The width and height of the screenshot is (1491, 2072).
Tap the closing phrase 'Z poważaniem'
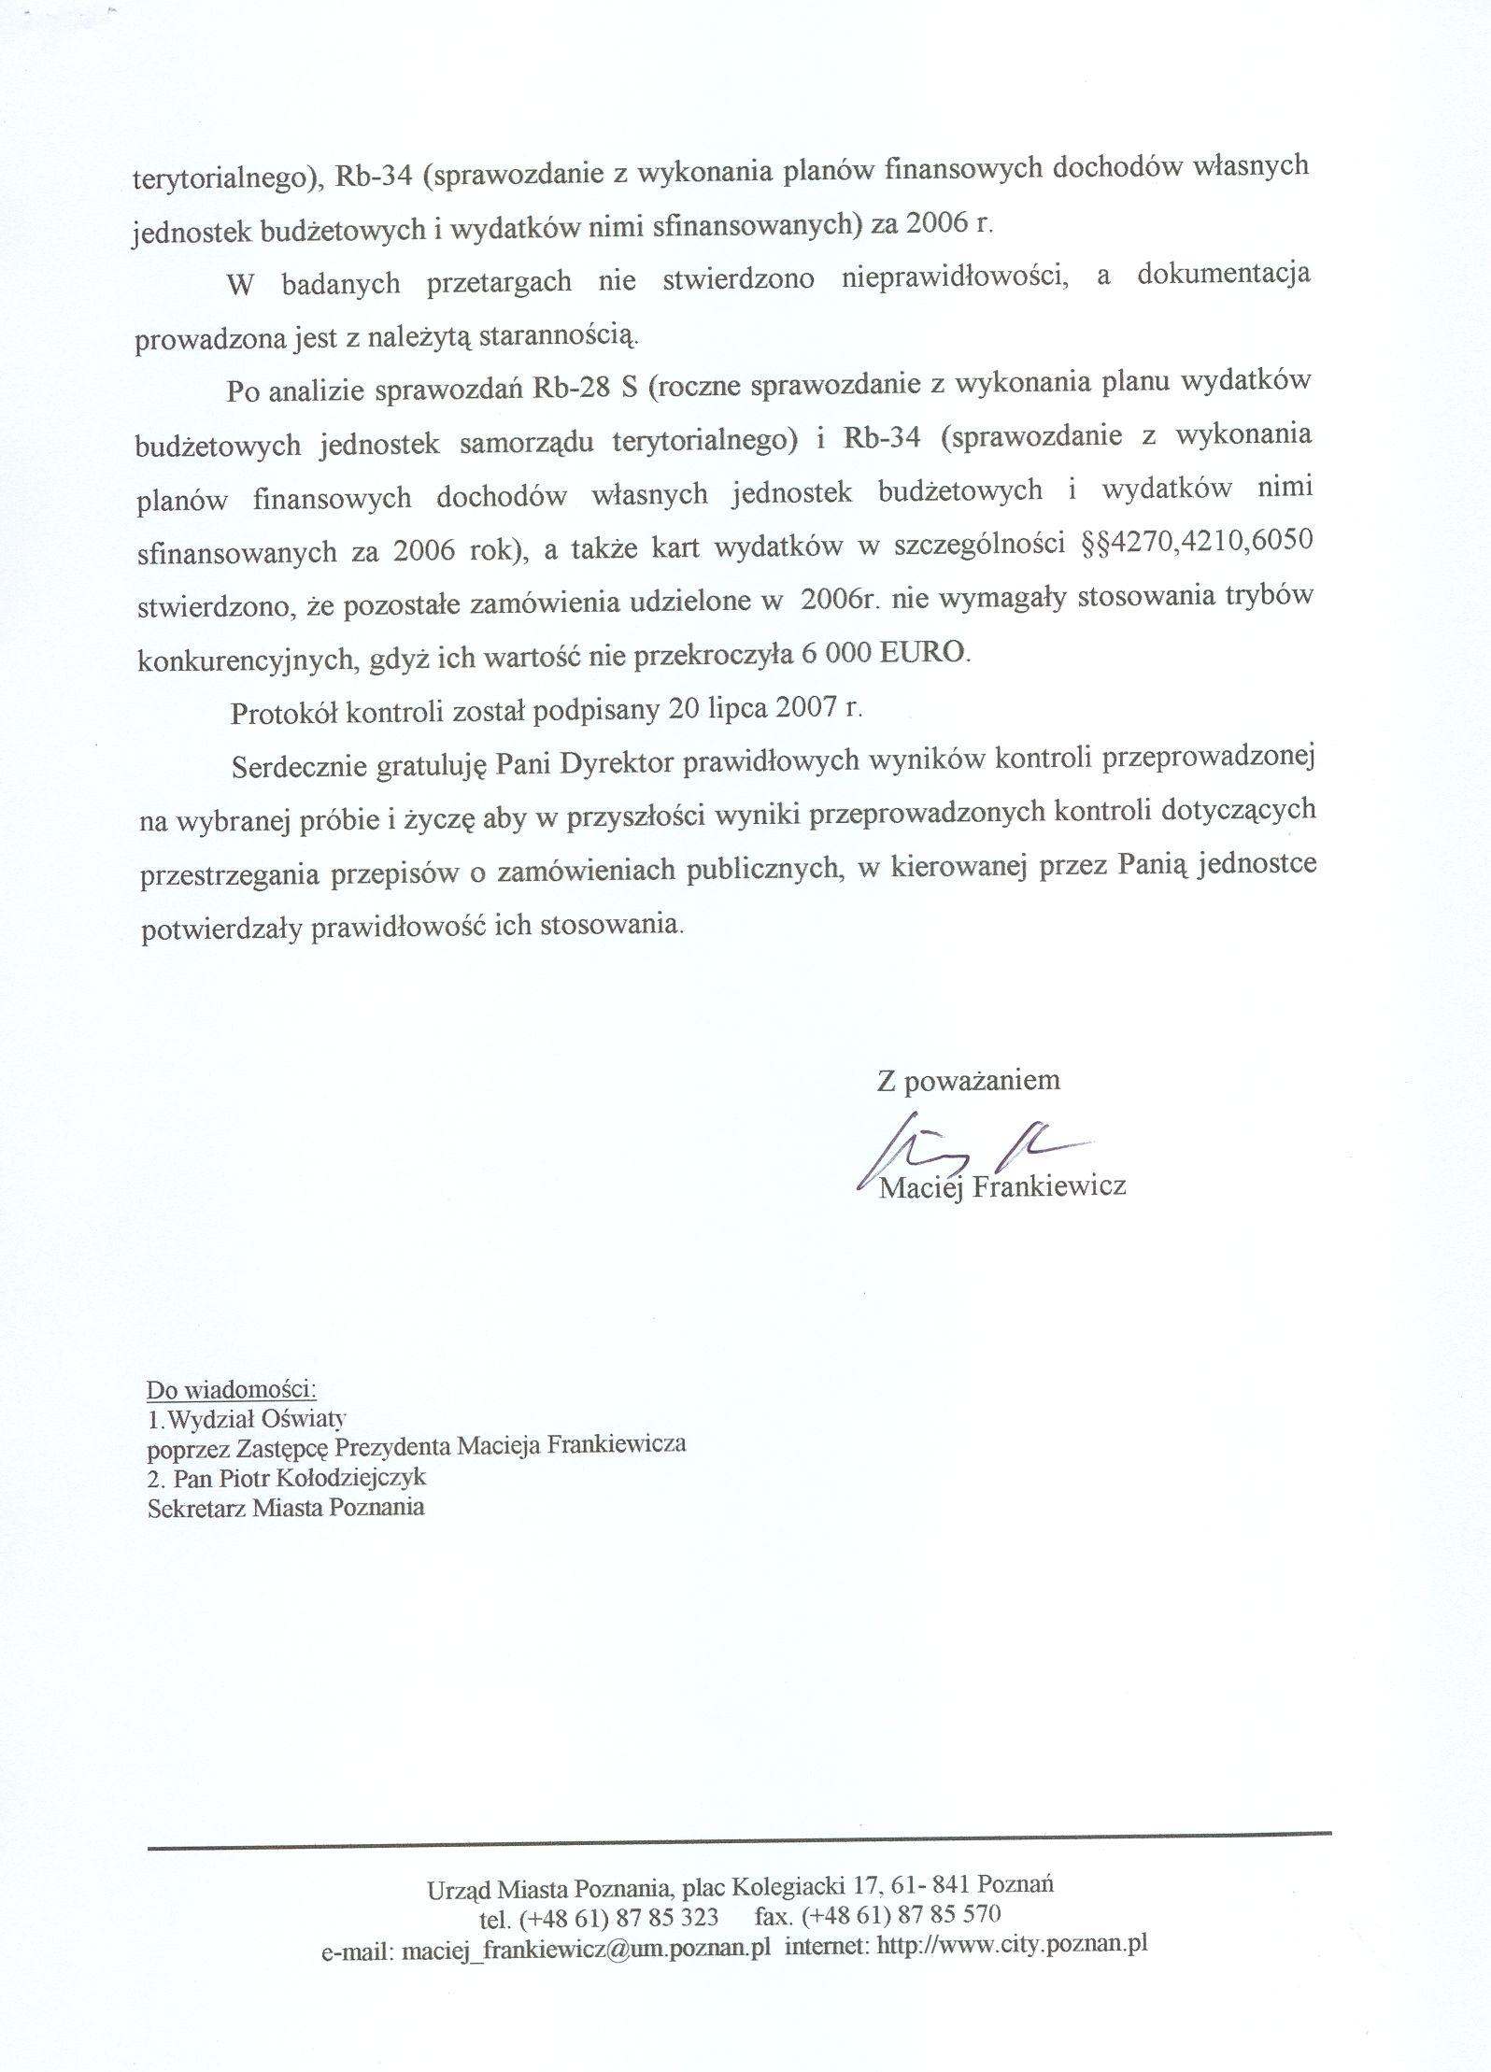[968, 1081]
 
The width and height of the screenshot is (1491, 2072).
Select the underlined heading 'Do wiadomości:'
[232, 1389]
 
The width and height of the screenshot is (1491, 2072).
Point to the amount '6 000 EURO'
[884, 653]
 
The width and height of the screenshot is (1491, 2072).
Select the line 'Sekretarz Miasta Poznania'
[286, 1507]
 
